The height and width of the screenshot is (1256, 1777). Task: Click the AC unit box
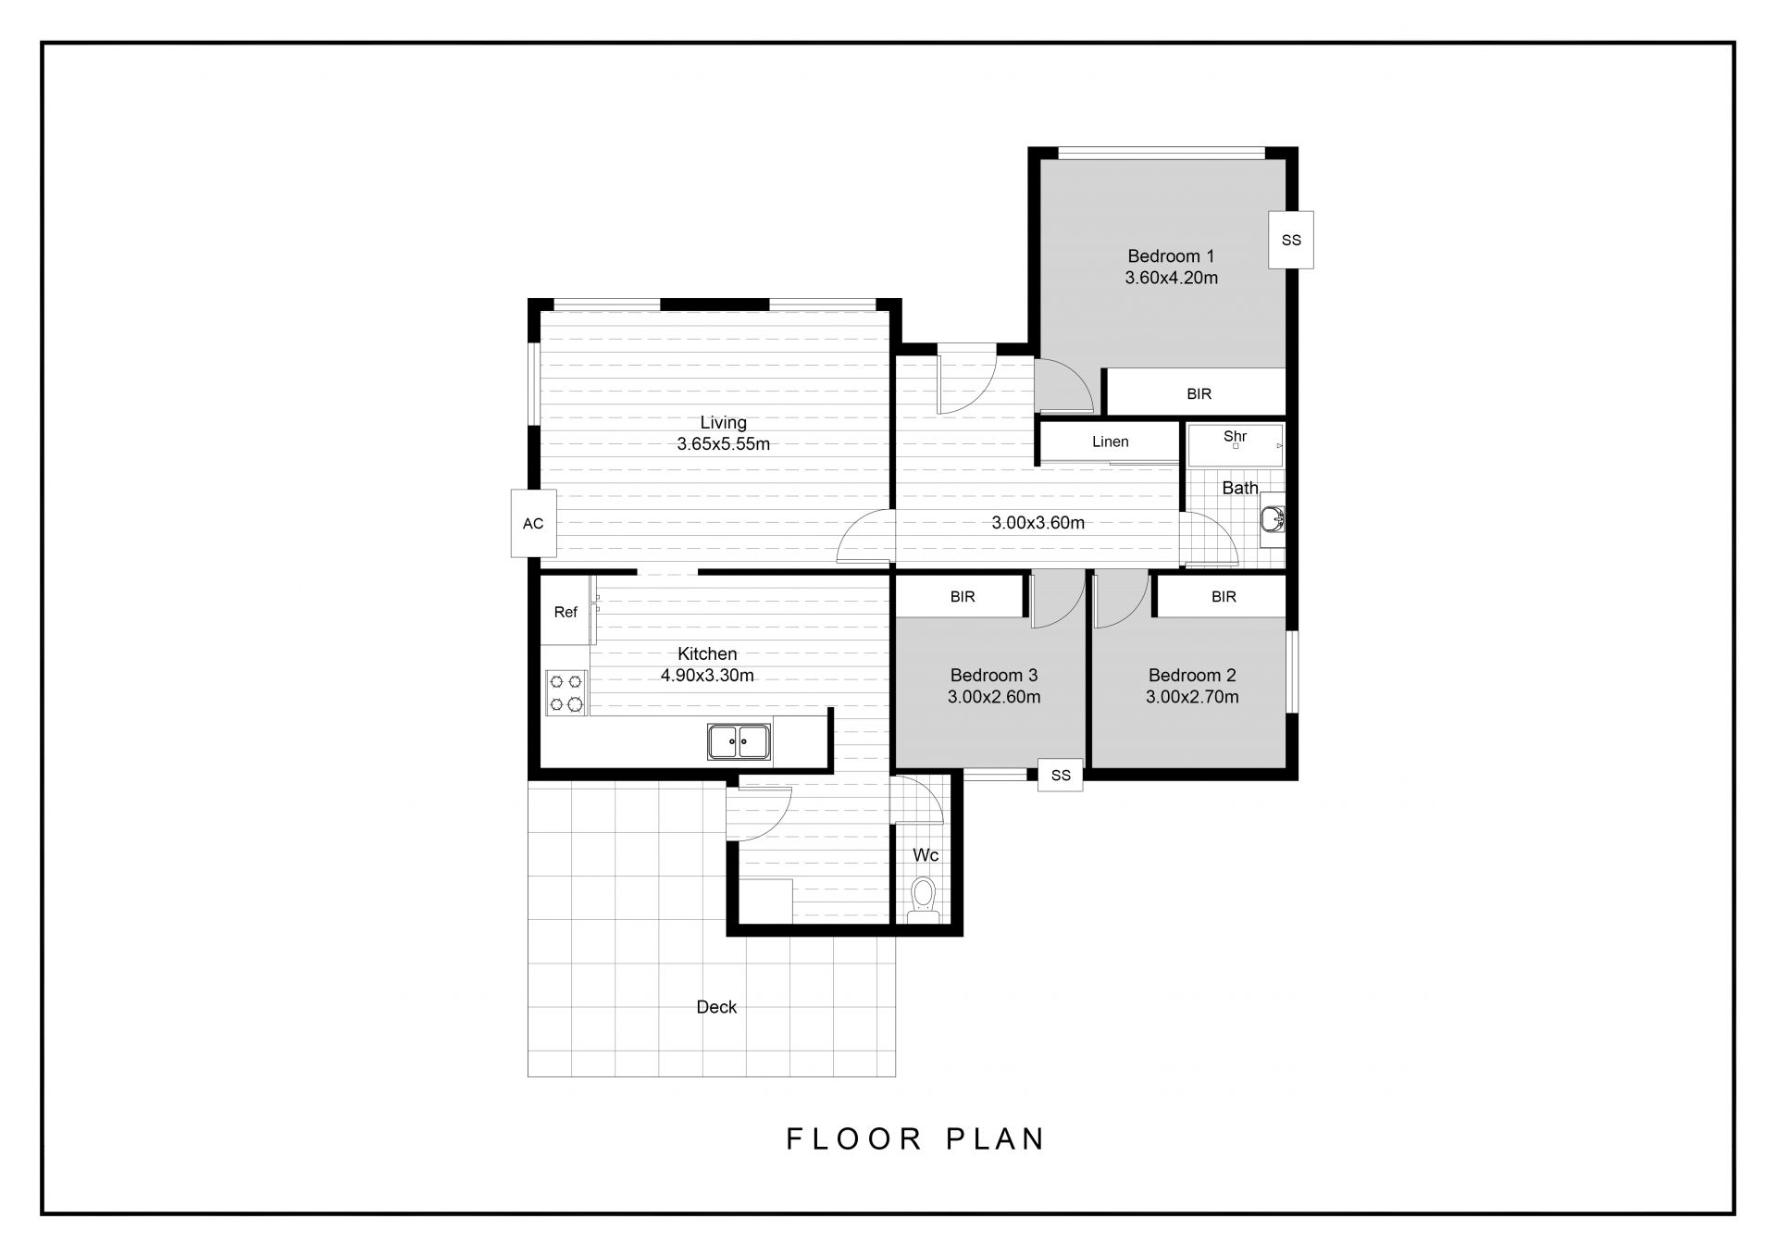(533, 523)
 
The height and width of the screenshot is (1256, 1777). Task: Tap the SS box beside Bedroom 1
(1291, 240)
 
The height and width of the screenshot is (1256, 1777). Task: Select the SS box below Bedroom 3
(1061, 775)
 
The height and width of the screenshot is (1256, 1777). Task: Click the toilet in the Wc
(924, 901)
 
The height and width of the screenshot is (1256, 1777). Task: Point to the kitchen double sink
(739, 741)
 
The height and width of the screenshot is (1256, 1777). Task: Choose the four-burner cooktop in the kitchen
(566, 692)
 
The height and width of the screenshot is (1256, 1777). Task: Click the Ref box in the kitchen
(565, 612)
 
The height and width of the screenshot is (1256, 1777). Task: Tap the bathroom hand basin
(1273, 519)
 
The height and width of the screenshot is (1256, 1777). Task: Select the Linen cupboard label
(1110, 441)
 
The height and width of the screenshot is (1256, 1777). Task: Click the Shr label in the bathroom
(1235, 436)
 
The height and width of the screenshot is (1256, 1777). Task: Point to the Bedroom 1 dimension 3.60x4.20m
(1171, 278)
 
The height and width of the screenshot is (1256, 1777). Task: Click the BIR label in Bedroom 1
(1199, 394)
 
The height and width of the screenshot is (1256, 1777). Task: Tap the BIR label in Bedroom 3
(963, 597)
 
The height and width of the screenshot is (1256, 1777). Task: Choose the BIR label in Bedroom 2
(1224, 597)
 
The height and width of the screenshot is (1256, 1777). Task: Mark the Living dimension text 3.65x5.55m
(723, 443)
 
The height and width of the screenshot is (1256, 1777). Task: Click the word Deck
(716, 1007)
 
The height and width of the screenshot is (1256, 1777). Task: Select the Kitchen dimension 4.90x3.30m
(707, 676)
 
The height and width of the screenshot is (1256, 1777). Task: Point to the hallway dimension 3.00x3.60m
(1038, 523)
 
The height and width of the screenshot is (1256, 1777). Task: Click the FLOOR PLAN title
(915, 1138)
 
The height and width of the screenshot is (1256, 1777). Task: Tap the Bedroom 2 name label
(1192, 676)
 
